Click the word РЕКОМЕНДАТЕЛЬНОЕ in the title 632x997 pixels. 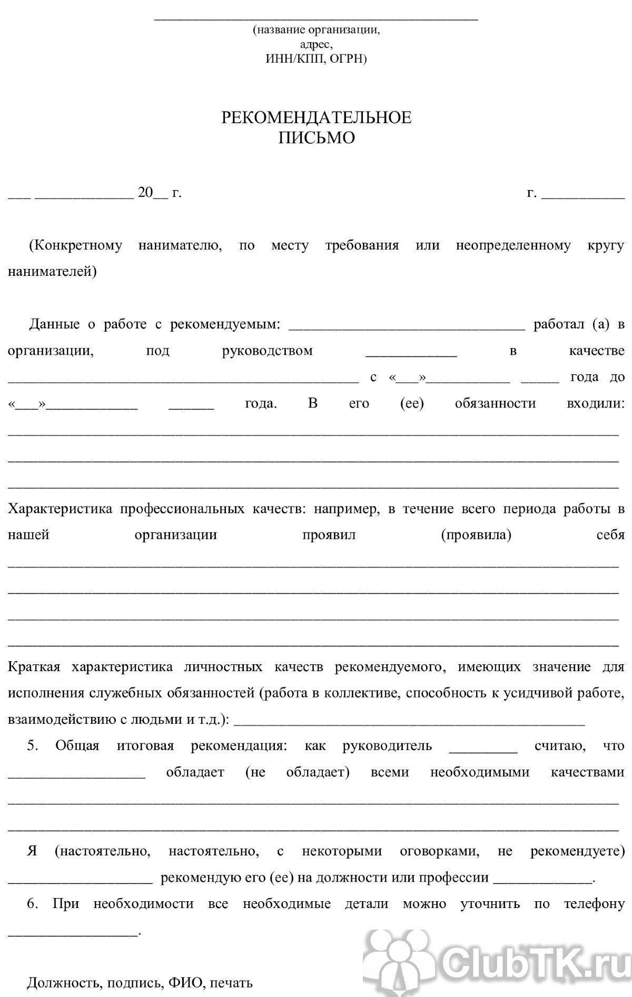point(316,117)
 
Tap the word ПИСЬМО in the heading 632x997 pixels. point(316,138)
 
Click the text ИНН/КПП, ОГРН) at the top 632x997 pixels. point(316,58)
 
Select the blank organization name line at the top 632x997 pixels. point(316,19)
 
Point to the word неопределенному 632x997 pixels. point(513,245)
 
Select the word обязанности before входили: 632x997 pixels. point(495,404)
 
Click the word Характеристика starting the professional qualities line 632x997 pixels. point(60,509)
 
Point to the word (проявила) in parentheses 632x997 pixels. point(476,535)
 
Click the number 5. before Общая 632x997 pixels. point(33,746)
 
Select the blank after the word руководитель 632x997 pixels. point(483,750)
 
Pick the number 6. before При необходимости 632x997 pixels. point(33,904)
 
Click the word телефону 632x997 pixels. point(594,904)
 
